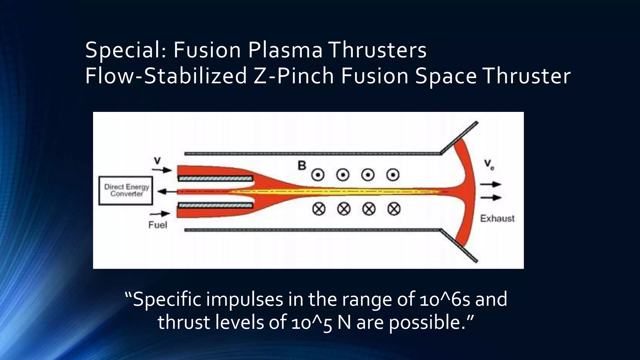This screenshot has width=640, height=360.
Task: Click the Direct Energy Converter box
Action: click(x=126, y=191)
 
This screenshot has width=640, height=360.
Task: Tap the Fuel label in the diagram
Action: click(x=158, y=225)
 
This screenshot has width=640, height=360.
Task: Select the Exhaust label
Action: click(x=497, y=218)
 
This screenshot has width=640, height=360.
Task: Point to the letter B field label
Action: click(x=302, y=166)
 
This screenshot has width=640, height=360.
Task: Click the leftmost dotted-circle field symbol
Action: click(x=318, y=175)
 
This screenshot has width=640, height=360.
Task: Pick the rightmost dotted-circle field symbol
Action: click(x=393, y=175)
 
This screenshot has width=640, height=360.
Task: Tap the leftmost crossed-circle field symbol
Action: click(x=319, y=209)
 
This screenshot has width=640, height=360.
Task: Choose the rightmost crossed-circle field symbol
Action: click(x=394, y=209)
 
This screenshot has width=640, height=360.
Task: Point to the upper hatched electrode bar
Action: click(x=215, y=179)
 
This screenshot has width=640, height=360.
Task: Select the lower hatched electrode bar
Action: click(x=215, y=205)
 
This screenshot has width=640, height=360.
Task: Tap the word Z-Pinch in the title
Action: click(x=293, y=76)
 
